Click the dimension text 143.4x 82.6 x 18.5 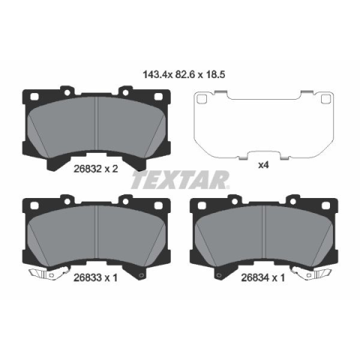(184, 74)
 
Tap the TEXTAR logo (180, 180)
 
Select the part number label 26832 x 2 (95, 169)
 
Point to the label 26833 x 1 (95, 277)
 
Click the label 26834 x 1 (263, 277)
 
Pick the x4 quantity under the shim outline (263, 165)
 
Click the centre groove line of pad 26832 (96, 123)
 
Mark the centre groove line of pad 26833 (96, 232)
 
